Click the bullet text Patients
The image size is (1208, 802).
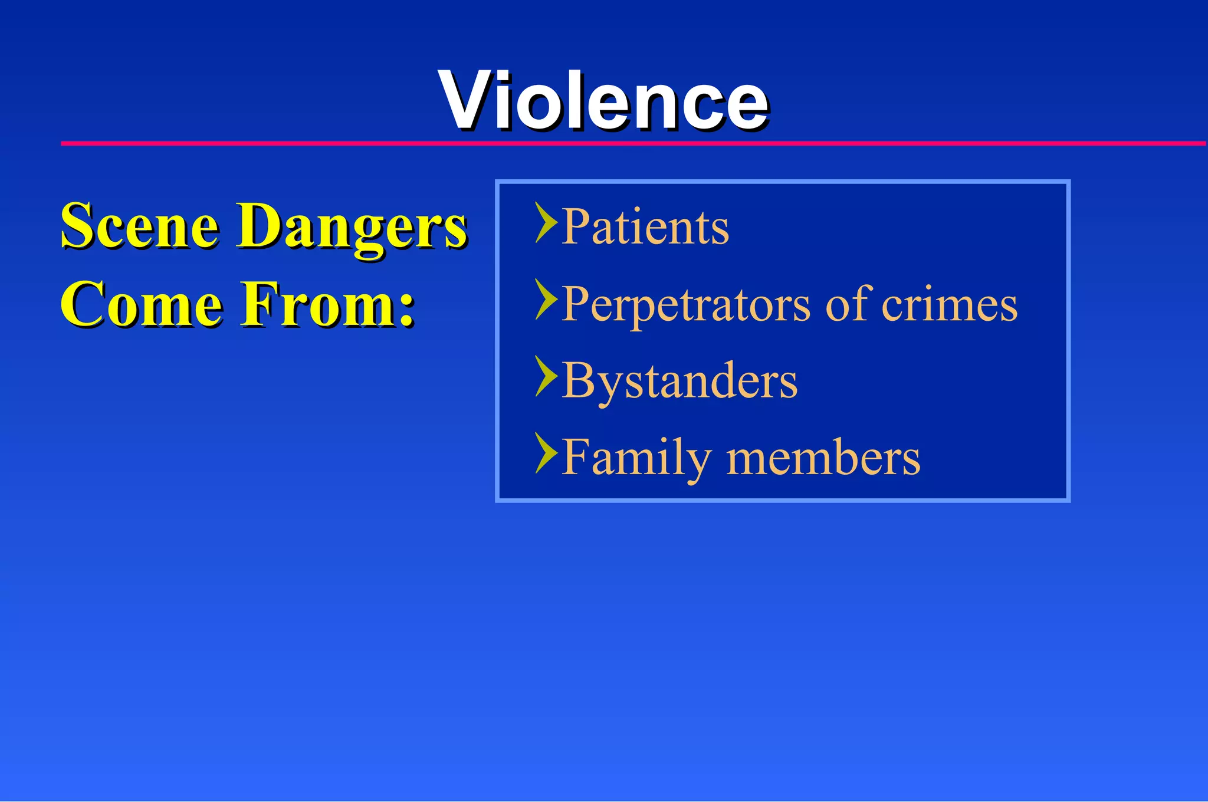point(645,226)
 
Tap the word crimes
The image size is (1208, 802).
point(950,304)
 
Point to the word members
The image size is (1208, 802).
point(823,458)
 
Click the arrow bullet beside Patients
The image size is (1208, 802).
point(546,223)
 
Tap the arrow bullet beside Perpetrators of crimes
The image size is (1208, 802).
point(546,300)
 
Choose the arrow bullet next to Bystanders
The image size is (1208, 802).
point(546,376)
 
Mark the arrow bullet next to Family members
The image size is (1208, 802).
point(546,453)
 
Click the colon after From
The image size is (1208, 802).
point(406,311)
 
